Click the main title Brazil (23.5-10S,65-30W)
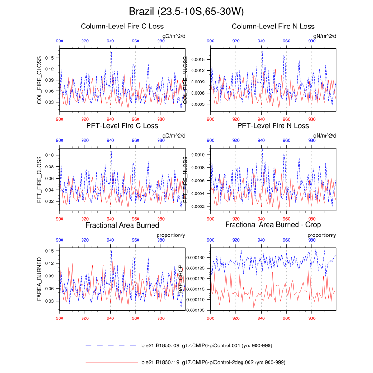click(x=186, y=11)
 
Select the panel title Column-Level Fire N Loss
click(x=273, y=26)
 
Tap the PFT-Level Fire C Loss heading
click(x=122, y=126)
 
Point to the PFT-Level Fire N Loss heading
click(x=273, y=126)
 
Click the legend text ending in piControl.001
click(x=207, y=345)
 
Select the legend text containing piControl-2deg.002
click(x=213, y=362)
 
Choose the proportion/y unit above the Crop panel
click(x=322, y=235)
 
